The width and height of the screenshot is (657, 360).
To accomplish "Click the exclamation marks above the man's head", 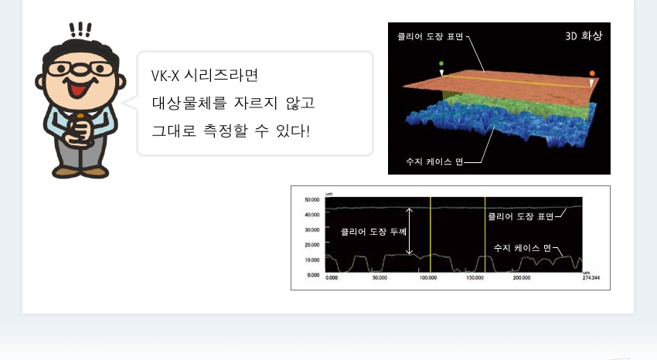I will click(80, 29).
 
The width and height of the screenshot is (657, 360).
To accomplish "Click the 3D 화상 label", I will click(584, 36).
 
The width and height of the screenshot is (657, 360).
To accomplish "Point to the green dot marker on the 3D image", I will click(441, 63).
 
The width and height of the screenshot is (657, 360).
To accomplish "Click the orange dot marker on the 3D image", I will click(592, 73).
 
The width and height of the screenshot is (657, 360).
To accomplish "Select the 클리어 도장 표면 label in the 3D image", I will click(430, 36).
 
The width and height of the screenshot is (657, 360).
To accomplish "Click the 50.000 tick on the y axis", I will click(311, 199).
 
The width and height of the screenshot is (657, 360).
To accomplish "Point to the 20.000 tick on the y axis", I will click(311, 244).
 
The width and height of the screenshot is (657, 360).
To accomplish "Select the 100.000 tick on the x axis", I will click(428, 277).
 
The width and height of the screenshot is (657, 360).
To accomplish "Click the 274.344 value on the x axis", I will click(591, 277).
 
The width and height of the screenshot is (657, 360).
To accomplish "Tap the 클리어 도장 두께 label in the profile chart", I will click(373, 231).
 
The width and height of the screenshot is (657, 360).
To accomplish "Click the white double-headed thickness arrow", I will click(410, 231).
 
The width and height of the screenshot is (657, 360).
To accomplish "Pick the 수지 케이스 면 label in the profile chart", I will click(522, 248).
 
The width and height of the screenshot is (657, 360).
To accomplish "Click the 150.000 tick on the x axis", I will click(475, 277).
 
